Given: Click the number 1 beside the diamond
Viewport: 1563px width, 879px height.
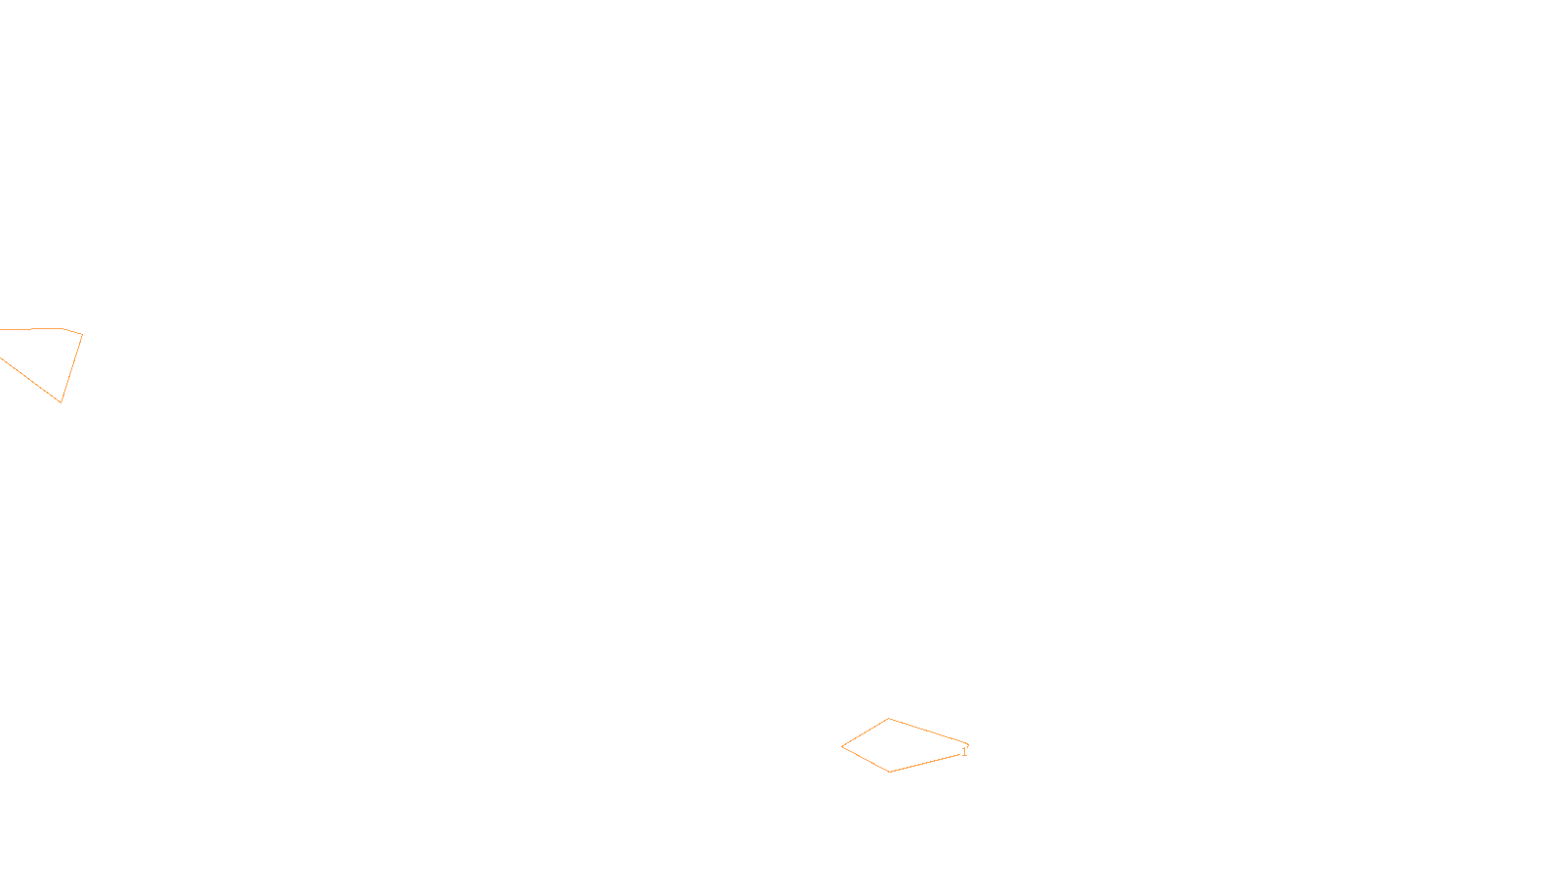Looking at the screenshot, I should (x=964, y=752).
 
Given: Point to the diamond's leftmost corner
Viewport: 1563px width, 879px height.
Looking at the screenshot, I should (x=842, y=747).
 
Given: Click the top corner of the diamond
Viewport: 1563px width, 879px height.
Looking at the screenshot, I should (x=889, y=719).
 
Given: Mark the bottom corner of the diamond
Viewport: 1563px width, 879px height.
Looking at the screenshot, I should (x=890, y=772).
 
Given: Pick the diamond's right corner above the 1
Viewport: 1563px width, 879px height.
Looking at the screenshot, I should (x=967, y=744).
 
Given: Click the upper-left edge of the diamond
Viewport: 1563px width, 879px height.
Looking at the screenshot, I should (x=866, y=732).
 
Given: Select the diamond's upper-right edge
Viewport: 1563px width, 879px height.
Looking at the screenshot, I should (x=928, y=731).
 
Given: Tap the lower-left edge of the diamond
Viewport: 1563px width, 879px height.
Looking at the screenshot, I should (x=866, y=760).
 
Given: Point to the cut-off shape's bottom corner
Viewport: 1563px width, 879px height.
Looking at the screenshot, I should (x=62, y=401).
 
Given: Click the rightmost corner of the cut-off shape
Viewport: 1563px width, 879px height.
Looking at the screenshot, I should (x=82, y=334).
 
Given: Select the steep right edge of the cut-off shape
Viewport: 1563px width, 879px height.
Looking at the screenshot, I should (x=72, y=367).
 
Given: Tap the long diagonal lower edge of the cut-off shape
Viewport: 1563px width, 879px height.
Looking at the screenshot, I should (x=29, y=379).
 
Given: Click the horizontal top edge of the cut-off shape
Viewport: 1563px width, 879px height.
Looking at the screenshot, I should (x=29, y=329).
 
